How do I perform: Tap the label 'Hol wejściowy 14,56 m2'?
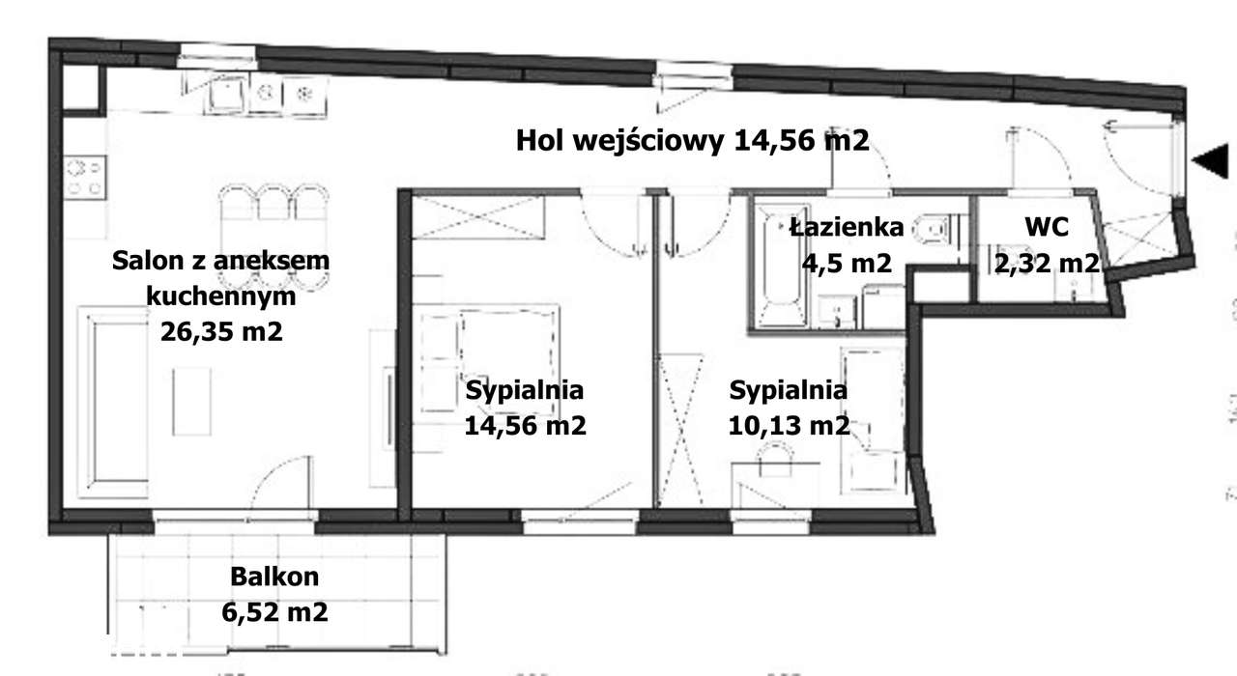[x=693, y=141]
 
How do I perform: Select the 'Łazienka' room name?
[x=846, y=228]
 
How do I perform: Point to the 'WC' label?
[x=1046, y=228]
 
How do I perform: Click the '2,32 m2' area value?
[x=1047, y=262]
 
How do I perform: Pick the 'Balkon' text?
[x=274, y=577]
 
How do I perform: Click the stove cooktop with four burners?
[x=84, y=177]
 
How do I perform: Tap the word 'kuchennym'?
[x=221, y=296]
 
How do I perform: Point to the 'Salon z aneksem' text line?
[x=221, y=261]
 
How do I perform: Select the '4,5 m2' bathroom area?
[x=846, y=262]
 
